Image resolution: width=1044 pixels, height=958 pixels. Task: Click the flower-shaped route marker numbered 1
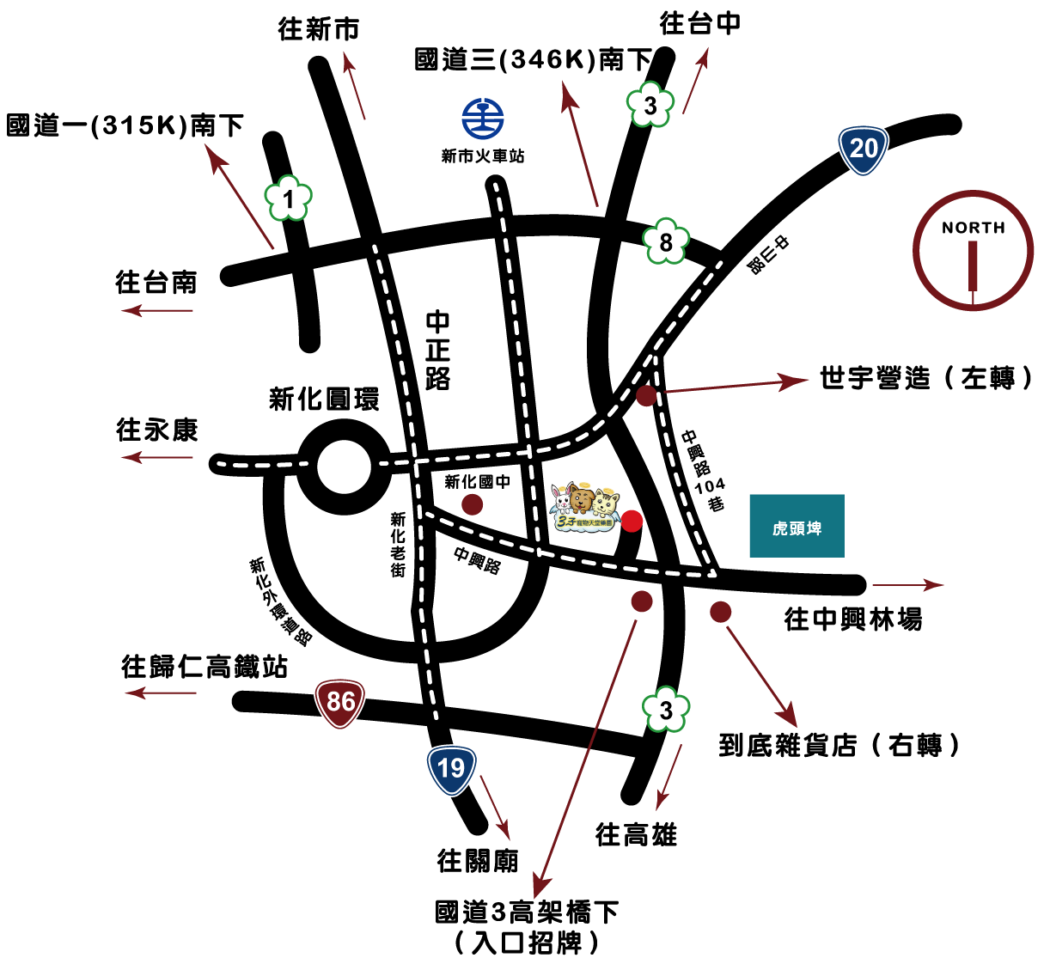tap(288, 198)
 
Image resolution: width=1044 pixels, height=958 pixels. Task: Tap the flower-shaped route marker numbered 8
tap(666, 241)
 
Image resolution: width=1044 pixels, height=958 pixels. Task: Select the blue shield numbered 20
tap(863, 149)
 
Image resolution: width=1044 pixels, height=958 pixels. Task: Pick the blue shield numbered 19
tap(451, 769)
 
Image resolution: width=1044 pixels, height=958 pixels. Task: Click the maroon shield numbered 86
tap(340, 703)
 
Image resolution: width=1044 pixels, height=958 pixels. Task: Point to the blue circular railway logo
tap(483, 119)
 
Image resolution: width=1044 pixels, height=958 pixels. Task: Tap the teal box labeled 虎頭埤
tap(797, 526)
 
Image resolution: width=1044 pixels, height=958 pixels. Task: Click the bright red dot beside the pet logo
tap(632, 521)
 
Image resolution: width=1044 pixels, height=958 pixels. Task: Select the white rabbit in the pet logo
tap(562, 499)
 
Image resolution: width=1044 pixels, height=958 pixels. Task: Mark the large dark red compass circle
tap(973, 250)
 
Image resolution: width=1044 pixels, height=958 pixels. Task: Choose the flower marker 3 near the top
tap(650, 105)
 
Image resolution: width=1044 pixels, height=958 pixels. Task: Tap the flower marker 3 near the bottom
tap(666, 710)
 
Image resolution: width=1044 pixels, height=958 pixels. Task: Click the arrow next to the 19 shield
tap(495, 807)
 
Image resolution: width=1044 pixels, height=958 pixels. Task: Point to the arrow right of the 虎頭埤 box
tap(907, 585)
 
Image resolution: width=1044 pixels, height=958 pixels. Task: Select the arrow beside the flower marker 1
tap(239, 197)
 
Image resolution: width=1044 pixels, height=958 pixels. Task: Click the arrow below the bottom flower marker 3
tap(669, 777)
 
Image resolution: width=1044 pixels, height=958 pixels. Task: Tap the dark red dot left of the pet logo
tap(472, 504)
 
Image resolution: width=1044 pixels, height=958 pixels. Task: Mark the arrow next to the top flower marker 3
tap(695, 81)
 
